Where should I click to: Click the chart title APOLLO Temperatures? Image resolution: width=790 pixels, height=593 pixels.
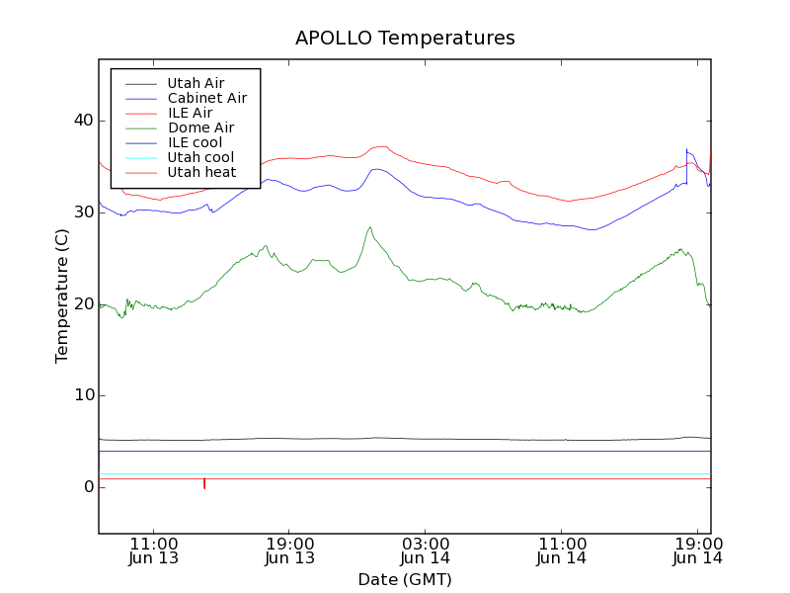(405, 39)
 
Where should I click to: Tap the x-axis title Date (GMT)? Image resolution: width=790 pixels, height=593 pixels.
(405, 579)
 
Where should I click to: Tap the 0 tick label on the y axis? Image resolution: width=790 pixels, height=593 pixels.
(88, 487)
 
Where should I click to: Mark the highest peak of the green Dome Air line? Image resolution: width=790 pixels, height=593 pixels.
(370, 227)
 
